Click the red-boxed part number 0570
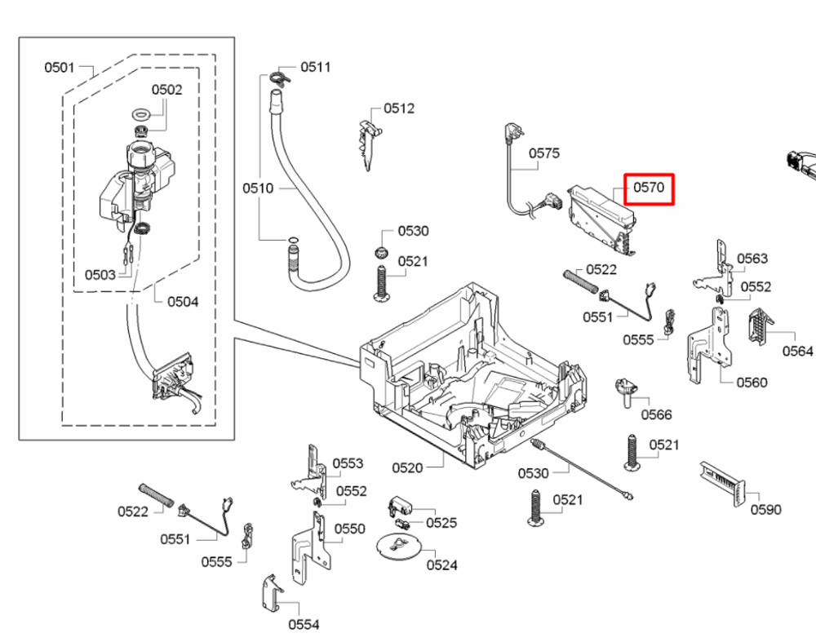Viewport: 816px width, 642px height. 649,188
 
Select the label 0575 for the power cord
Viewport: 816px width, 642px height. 544,153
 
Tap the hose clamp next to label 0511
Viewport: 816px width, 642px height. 280,78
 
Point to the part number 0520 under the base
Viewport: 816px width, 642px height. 407,467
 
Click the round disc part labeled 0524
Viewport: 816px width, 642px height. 398,547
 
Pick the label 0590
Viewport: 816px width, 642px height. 766,509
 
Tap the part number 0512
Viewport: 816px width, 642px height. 399,108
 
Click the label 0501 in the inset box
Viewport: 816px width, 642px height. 60,67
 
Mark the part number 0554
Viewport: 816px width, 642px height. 304,624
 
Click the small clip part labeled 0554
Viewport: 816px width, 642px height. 272,594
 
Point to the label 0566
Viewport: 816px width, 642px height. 657,414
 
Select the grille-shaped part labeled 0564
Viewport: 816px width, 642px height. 761,325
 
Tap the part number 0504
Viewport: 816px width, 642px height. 183,302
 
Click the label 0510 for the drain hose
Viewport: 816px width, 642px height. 258,188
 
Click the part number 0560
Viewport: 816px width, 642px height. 752,383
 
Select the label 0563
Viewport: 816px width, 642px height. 752,259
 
